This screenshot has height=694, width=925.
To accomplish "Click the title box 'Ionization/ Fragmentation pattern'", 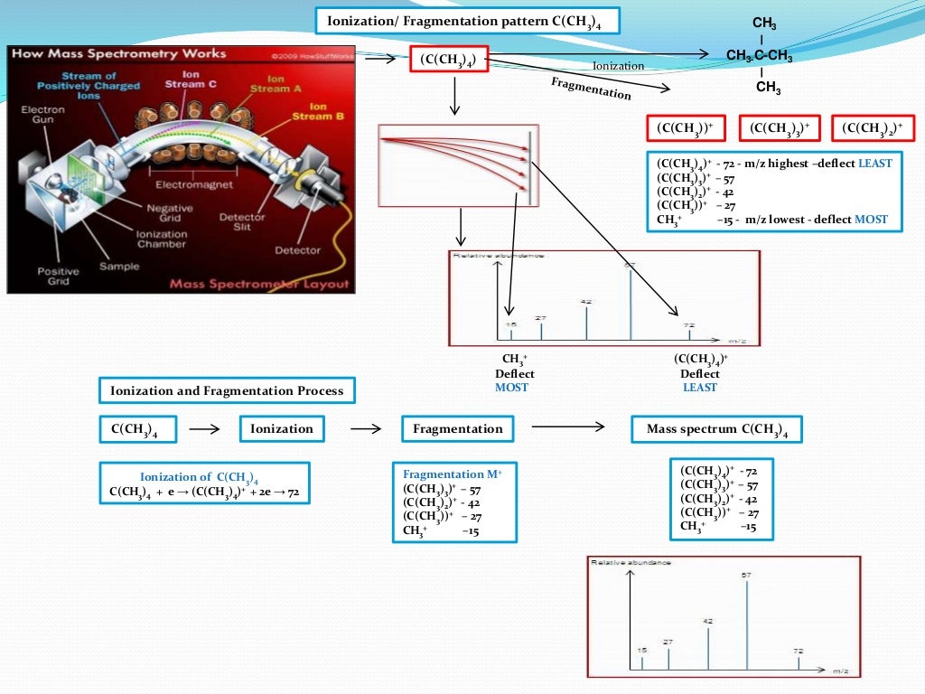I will click(467, 21).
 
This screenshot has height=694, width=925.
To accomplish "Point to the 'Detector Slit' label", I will click(241, 222).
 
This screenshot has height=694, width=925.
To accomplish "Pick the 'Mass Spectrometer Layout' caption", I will click(259, 284).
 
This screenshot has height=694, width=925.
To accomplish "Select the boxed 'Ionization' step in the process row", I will click(282, 429).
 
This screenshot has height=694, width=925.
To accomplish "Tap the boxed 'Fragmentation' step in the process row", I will click(457, 429).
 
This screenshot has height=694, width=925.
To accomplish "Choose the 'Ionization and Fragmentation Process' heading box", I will click(227, 391).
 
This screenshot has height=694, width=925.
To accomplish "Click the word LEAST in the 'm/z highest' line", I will click(874, 164).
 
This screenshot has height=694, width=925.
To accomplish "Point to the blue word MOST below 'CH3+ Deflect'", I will click(511, 387).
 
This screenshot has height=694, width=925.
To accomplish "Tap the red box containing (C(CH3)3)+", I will click(780, 129).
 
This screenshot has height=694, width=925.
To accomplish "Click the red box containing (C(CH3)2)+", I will click(872, 129).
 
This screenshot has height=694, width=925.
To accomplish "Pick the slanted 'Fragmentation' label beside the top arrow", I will click(591, 88).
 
